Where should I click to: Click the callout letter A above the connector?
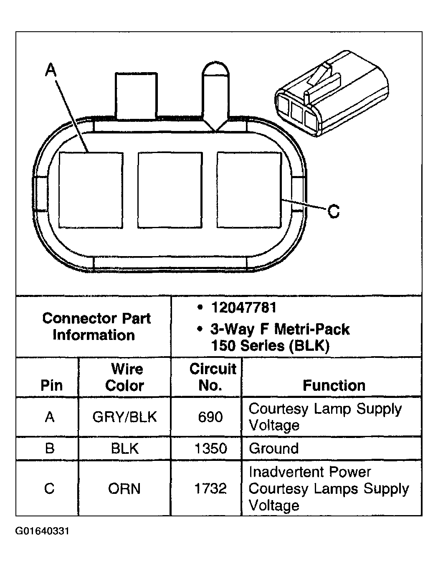[x=51, y=70]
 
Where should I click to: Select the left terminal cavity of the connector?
[x=91, y=190]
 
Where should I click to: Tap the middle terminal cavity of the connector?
[x=170, y=190]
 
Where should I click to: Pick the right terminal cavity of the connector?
[x=249, y=190]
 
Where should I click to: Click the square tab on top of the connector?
[x=136, y=96]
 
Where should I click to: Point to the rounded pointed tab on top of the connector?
[x=215, y=94]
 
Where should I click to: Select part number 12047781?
[x=244, y=308]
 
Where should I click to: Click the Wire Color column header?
[x=125, y=377]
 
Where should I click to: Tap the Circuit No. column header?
[x=212, y=377]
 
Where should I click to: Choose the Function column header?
[x=334, y=385]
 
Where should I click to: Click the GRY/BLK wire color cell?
[x=125, y=417]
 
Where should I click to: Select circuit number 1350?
[x=210, y=449]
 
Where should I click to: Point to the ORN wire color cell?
[x=124, y=488]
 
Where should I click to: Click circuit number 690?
[x=210, y=417]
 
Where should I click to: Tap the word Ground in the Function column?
[x=274, y=449]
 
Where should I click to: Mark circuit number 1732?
[x=210, y=488]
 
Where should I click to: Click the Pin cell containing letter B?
[x=49, y=449]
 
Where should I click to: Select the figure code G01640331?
[x=42, y=531]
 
